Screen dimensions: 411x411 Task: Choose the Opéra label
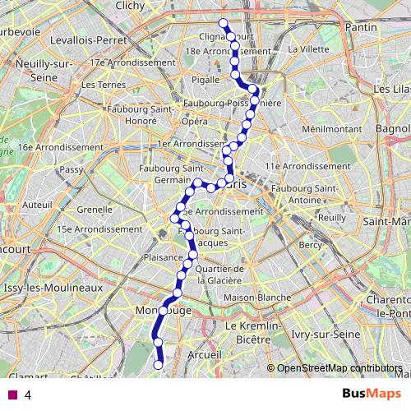click(195, 121)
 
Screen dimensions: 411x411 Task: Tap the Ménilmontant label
click(328, 129)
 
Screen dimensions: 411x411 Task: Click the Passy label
click(72, 169)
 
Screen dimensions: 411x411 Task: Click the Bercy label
click(311, 245)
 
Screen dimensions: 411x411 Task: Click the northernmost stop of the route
click(224, 22)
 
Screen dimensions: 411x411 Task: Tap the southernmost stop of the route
click(159, 365)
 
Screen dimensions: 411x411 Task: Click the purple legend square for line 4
click(12, 395)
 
